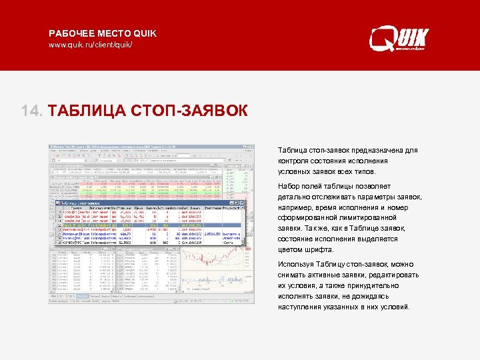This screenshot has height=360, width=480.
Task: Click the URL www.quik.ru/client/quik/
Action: (x=91, y=45)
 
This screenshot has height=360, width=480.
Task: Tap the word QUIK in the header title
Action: (x=145, y=33)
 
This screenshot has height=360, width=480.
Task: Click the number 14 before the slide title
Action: (x=31, y=110)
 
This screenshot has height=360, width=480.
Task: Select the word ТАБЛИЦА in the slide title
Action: (x=86, y=110)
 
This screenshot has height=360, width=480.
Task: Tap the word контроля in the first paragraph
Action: (x=293, y=161)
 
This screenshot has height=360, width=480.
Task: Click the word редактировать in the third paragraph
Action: (x=393, y=275)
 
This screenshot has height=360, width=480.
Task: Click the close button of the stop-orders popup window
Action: (x=243, y=201)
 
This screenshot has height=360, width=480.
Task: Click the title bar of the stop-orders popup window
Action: (x=133, y=201)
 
